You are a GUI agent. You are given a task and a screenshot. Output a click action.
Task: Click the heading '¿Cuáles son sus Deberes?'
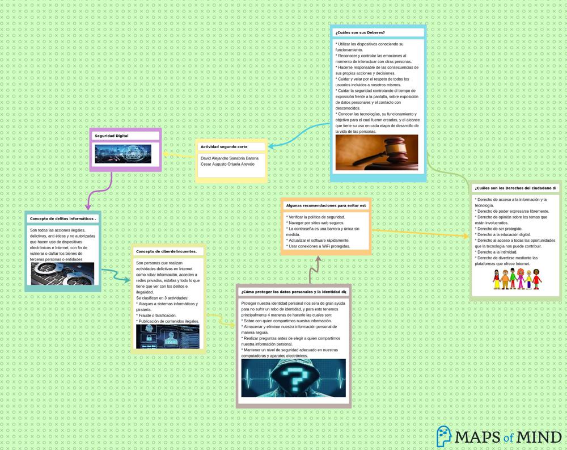pos(360,32)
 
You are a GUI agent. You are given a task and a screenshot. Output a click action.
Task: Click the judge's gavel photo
pos(376,152)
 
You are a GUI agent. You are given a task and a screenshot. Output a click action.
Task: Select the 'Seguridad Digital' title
pos(111,136)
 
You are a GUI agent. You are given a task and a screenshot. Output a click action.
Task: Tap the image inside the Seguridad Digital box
pos(123,154)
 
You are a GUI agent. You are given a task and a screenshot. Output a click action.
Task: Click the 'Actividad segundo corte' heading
pos(223,146)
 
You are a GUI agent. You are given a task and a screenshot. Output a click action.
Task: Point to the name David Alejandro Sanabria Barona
pos(229,158)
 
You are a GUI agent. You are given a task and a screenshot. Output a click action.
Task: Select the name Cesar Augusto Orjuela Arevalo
pos(227,164)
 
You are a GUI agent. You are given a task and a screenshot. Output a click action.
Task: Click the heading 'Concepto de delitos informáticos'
pos(63,218)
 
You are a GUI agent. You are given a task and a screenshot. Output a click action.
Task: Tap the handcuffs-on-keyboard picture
pos(62,274)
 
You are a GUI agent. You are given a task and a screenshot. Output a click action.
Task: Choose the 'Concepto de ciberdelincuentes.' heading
pos(166,251)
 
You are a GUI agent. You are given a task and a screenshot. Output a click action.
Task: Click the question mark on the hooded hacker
pos(293,377)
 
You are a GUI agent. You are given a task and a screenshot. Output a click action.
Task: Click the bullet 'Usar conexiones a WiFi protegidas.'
pos(319,246)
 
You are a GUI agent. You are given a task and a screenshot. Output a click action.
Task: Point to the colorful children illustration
pos(517,279)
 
